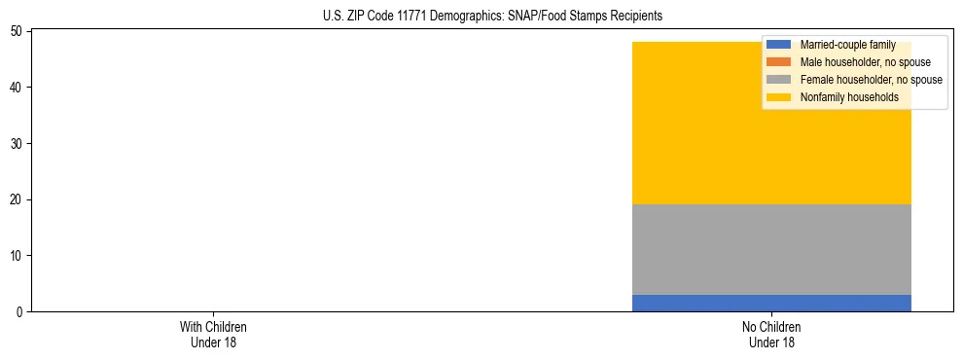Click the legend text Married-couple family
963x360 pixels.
(845, 45)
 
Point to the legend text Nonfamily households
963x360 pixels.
(842, 97)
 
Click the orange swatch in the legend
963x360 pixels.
(779, 62)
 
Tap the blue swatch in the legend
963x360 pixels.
(779, 45)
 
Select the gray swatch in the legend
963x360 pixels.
(779, 80)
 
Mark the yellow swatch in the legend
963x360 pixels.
(779, 97)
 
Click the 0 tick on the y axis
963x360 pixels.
(20, 312)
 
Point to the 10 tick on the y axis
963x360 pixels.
(18, 256)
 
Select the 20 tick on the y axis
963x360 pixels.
(18, 199)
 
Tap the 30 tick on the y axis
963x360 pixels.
(18, 144)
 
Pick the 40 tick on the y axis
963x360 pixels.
(18, 88)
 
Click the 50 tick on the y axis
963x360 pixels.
(18, 31)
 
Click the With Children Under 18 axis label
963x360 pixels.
(207, 334)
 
